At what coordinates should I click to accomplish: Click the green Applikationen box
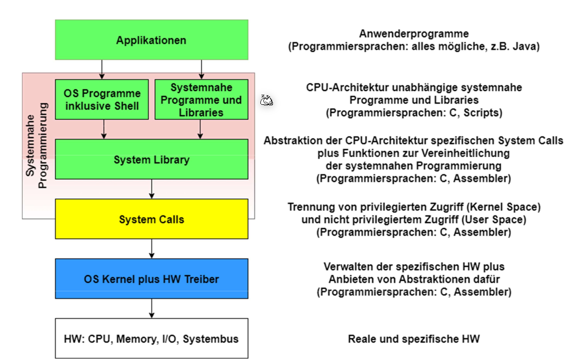coord(152,40)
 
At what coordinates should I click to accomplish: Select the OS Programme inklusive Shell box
coord(102,99)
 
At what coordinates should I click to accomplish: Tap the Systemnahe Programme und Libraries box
coord(201,99)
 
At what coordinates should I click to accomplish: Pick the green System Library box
coord(152,159)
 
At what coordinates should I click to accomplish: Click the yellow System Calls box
coord(152,219)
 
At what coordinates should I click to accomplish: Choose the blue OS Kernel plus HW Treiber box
coord(152,279)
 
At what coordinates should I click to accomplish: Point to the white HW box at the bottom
coord(152,338)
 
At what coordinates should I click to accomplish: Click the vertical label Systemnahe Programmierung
coord(37,145)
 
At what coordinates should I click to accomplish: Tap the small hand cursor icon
coord(266,100)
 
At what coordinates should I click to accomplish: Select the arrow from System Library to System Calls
coord(152,189)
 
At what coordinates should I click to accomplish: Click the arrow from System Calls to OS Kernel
coord(152,249)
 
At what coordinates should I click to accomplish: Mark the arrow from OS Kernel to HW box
coord(152,308)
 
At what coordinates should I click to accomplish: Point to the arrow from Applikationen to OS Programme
coord(102,70)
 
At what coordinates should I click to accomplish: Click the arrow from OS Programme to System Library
coord(104,129)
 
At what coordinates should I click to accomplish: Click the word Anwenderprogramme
coord(413,34)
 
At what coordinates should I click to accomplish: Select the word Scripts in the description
coord(481,113)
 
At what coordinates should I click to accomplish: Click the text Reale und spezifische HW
coord(413,339)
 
